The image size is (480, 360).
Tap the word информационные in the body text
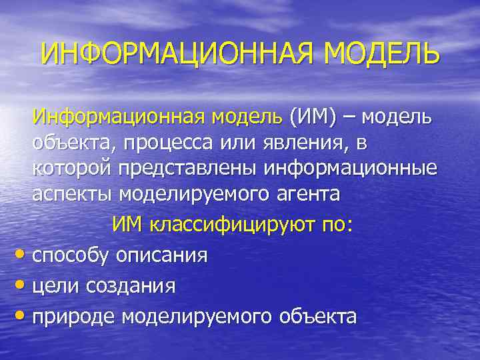pyautogui.click(x=351, y=169)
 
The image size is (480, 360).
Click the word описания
pyautogui.click(x=162, y=255)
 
